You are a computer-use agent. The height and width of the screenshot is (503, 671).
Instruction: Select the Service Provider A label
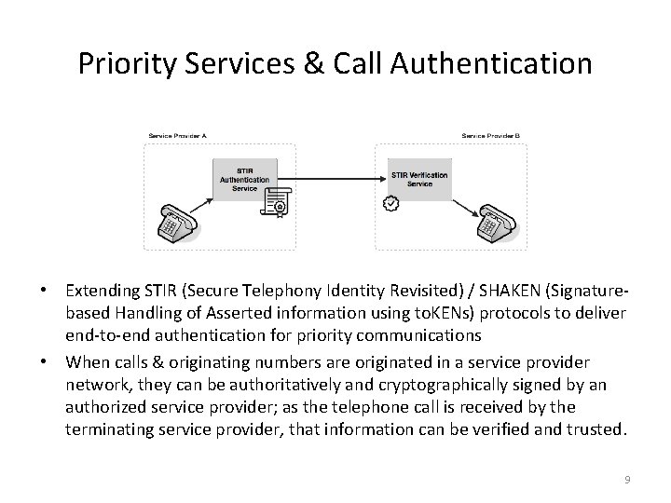click(177, 136)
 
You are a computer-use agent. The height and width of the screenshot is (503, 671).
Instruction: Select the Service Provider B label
click(491, 136)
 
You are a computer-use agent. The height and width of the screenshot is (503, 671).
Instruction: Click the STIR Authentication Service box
click(244, 177)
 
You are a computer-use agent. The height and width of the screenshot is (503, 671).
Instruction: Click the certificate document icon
click(277, 203)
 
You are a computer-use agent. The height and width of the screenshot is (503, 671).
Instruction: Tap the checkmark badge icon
click(391, 202)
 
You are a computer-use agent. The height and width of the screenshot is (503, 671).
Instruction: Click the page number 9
click(627, 480)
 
